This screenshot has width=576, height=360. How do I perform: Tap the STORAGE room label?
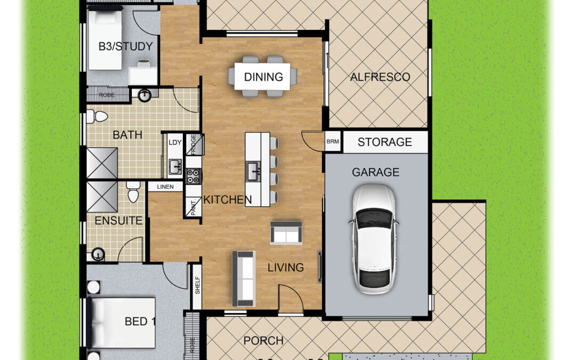click(x=385, y=142)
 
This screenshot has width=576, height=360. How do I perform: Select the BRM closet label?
click(x=333, y=141)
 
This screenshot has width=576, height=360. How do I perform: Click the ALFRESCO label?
click(x=380, y=77)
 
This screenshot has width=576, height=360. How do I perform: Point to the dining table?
click(x=262, y=76)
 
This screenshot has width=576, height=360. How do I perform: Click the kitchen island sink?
click(x=253, y=171)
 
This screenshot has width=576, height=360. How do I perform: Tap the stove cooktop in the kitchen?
click(x=194, y=176)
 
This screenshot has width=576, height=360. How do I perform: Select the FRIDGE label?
click(x=193, y=144)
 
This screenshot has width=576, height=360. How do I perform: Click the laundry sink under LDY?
click(x=175, y=167)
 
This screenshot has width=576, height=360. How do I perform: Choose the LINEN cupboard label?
click(x=165, y=187)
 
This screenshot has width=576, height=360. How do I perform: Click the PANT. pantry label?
click(x=194, y=207)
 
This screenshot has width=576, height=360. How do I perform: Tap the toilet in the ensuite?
click(x=133, y=191)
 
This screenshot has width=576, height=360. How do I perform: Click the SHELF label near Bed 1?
click(x=197, y=285)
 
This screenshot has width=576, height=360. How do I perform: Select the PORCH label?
click(x=263, y=340)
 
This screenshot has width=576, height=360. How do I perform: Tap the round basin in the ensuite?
click(x=98, y=254)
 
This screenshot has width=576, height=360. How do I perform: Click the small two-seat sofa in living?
click(x=286, y=233)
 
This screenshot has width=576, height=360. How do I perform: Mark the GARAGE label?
click(x=375, y=172)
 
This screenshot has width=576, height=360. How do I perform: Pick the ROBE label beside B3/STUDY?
click(x=107, y=95)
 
